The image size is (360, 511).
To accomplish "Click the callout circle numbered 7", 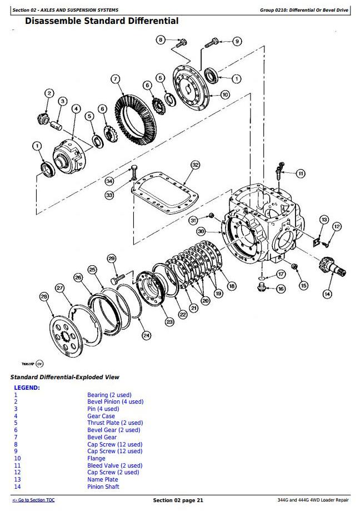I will [x=115, y=79].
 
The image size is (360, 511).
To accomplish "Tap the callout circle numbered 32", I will [x=195, y=165].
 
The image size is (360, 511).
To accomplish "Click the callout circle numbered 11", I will [x=300, y=173].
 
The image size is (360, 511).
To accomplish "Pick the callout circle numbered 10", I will [x=224, y=95].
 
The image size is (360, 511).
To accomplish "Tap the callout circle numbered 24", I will [x=146, y=335].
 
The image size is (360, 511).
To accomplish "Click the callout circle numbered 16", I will [x=281, y=289].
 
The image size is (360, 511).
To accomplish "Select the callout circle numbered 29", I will [x=111, y=259].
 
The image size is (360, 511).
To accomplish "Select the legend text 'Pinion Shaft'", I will [x=103, y=487].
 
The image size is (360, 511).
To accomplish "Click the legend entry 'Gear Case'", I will [x=101, y=416].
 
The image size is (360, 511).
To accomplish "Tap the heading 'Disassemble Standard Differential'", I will [x=102, y=21].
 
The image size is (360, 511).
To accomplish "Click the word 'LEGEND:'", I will [x=27, y=388].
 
